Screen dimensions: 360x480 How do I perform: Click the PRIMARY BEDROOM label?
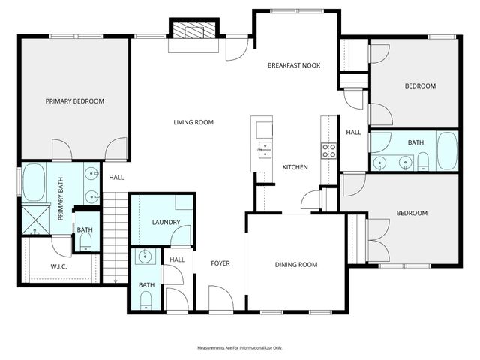coord(74,101)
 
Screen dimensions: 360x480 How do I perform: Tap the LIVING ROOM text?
coord(194,122)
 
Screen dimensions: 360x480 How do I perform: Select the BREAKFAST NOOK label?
coord(294,65)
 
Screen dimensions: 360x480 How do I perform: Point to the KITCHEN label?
coord(295,166)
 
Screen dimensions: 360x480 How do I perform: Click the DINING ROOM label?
coord(296,264)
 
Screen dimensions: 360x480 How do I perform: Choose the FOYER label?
coord(220,263)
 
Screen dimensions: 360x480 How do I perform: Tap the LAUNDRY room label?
coord(163,223)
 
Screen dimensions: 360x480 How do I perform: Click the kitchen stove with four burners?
coord(328,151)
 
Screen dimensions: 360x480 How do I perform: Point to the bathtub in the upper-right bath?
coord(447,151)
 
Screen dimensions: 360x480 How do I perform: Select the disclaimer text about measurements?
coord(239,348)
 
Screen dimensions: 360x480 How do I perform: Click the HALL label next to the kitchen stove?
coord(353,133)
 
